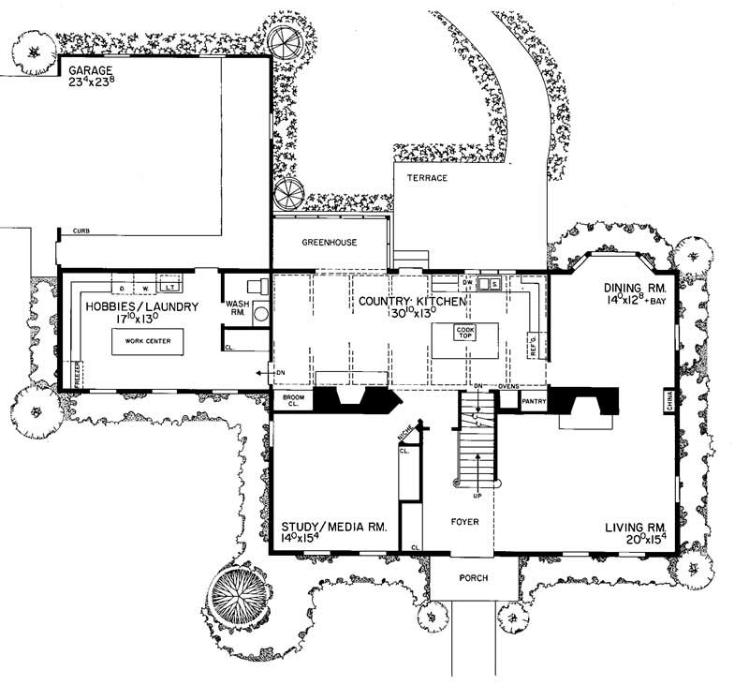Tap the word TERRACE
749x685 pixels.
426,177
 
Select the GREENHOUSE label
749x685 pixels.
329,242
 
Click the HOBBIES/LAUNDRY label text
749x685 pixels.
141,306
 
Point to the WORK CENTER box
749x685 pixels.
147,343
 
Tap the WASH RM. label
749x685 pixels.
236,307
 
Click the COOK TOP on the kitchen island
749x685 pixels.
465,334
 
